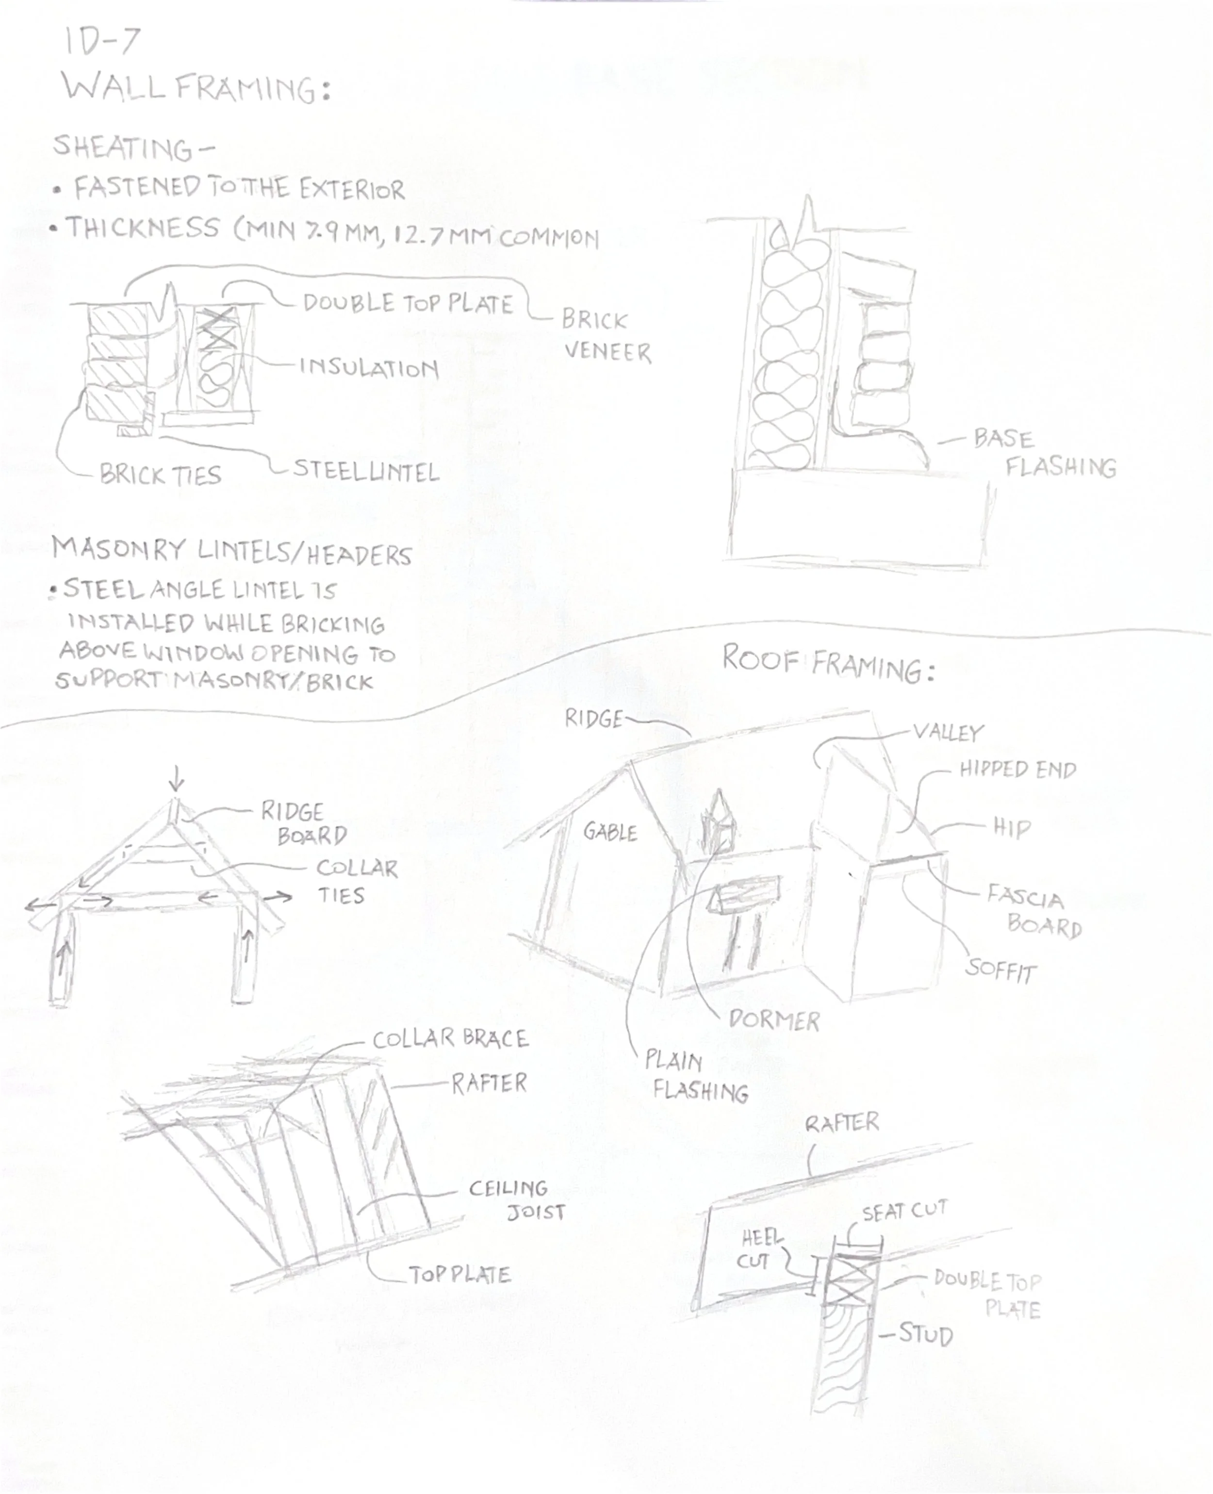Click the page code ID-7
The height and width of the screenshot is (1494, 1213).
(102, 42)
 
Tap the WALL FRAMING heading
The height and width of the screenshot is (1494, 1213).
(196, 89)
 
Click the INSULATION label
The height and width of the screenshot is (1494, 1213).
(368, 368)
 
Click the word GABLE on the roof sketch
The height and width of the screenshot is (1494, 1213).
(610, 832)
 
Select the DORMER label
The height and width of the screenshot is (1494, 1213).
(773, 1020)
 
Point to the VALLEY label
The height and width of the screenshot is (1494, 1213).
(948, 732)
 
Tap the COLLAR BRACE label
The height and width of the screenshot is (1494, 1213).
(450, 1039)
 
